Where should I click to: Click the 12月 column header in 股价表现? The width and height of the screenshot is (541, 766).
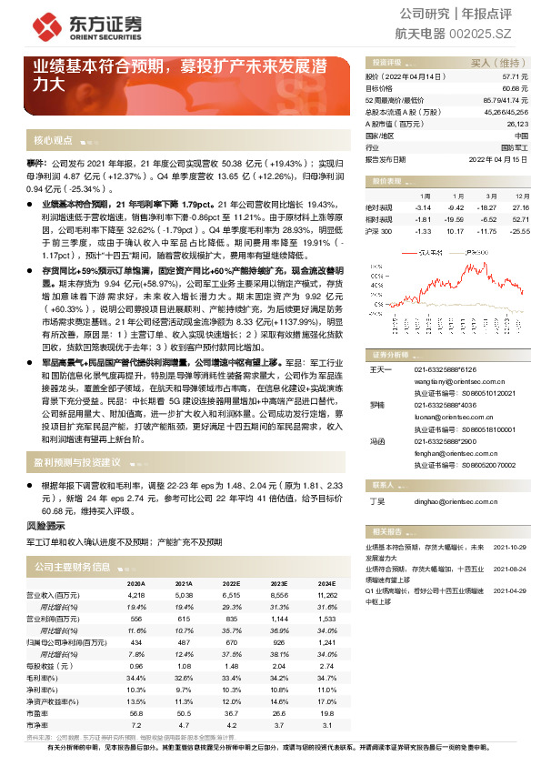pos(521,196)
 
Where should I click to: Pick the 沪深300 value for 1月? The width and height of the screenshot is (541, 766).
pos(420,231)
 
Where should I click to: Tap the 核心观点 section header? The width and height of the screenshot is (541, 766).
pos(53,140)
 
